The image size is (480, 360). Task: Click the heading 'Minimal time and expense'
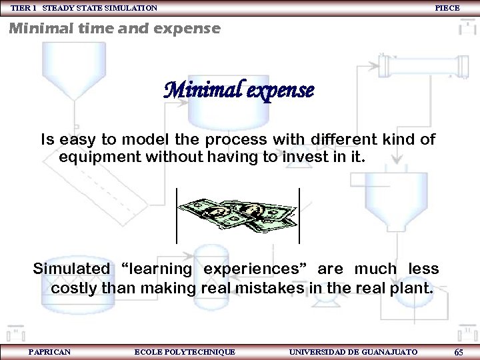click(114, 29)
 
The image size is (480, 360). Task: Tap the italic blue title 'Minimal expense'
click(239, 91)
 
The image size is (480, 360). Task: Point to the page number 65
click(459, 352)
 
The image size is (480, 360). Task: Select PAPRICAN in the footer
click(49, 351)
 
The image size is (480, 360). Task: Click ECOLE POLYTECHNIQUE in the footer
click(185, 351)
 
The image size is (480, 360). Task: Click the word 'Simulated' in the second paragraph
click(71, 269)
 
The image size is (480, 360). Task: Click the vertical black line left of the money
click(176, 215)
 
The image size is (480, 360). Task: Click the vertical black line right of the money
click(299, 215)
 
